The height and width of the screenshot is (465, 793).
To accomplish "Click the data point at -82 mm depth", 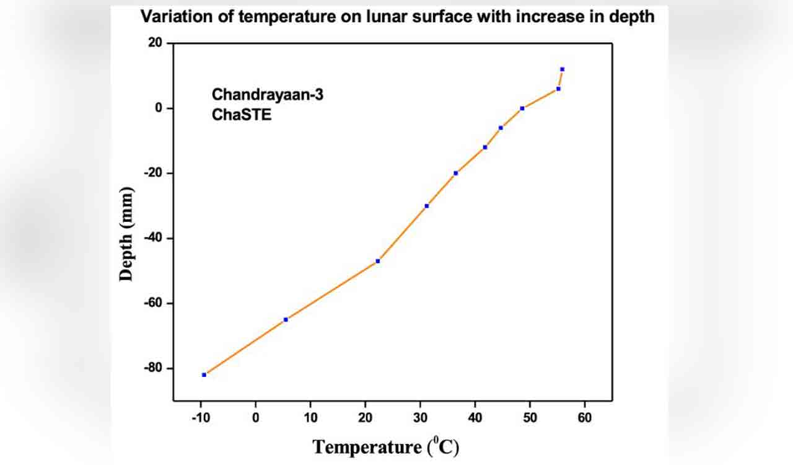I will point(204,374).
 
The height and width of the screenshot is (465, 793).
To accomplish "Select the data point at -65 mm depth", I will point(286,319).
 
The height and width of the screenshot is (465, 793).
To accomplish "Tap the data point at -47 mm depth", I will point(378,261).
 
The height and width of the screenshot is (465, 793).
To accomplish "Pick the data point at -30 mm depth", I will point(427,206).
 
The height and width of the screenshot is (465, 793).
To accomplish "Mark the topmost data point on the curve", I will point(562,69).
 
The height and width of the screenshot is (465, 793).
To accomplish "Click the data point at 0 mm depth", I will point(522,108).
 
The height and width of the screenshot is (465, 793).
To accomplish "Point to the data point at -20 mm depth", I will point(456,173).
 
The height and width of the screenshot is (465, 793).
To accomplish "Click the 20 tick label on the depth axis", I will point(154,43).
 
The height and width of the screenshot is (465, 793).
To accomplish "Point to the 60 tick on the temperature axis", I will point(584,418).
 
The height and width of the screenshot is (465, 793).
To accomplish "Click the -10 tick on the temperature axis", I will point(201,418).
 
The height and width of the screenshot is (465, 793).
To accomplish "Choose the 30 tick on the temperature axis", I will point(420,418).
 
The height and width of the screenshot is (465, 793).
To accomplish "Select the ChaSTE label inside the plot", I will point(242,115).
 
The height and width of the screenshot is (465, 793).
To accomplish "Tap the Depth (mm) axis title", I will point(127,234).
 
